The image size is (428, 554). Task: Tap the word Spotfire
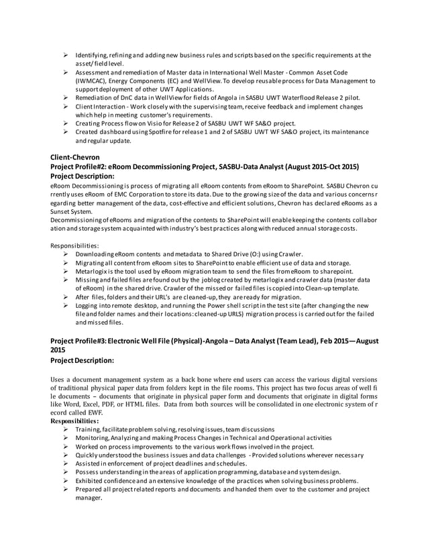pos(162,133)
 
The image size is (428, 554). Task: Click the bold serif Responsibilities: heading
pos(75,421)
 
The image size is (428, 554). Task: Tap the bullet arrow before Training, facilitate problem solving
pos(66,429)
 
